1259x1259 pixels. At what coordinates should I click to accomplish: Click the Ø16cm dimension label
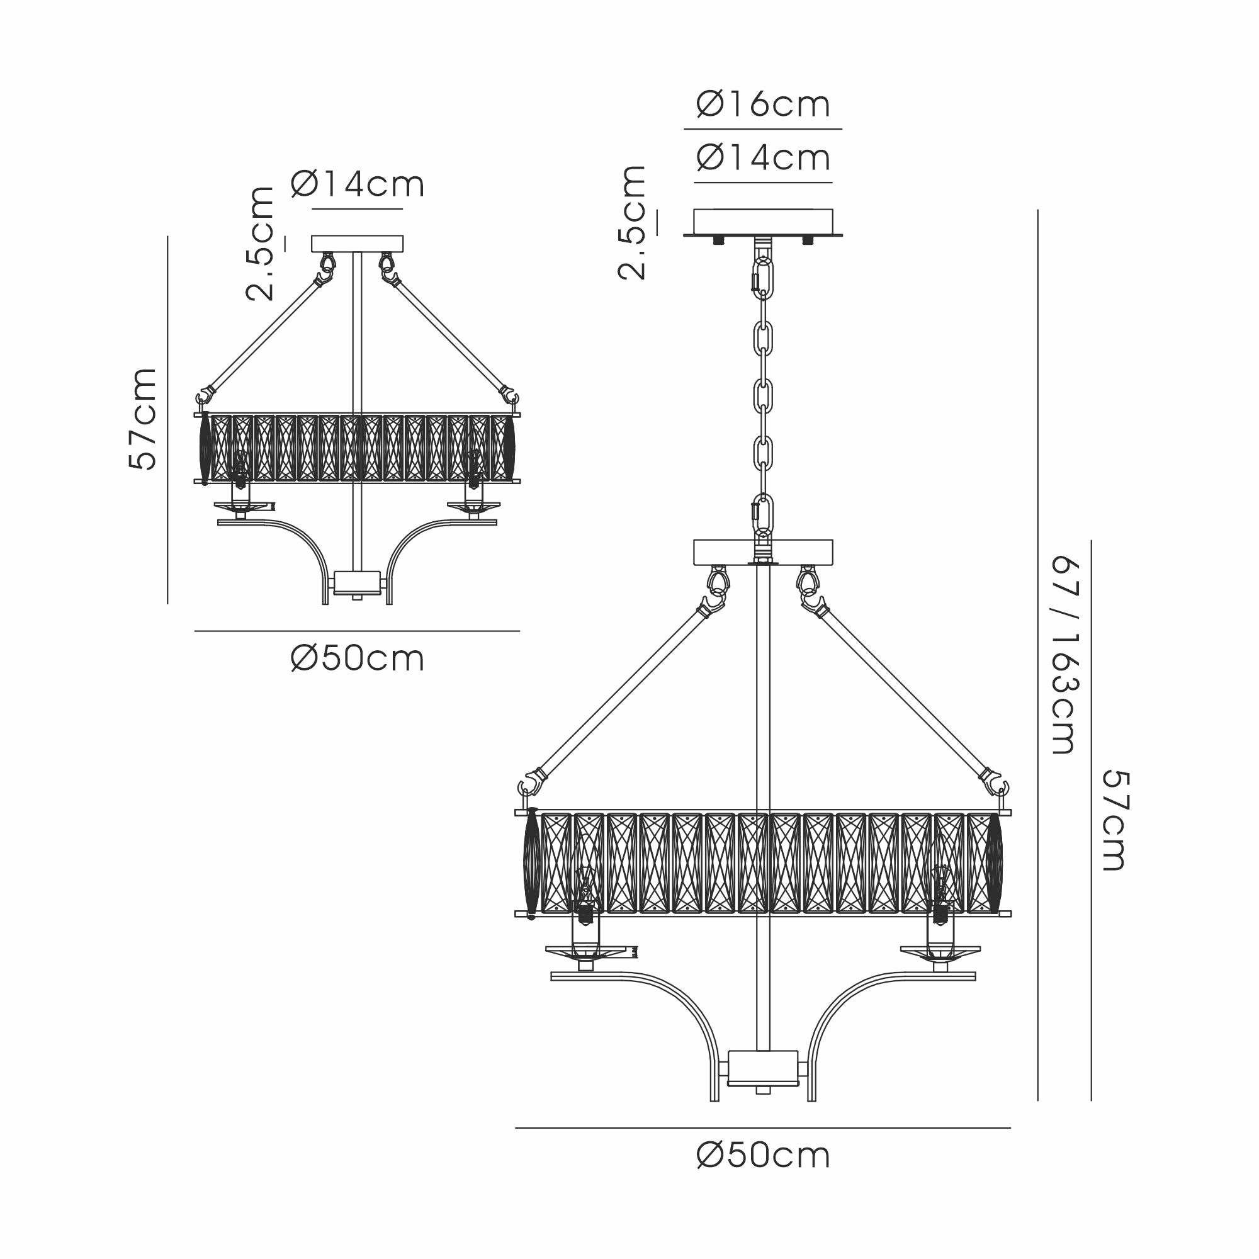click(763, 104)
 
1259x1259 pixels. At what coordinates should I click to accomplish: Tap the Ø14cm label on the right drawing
click(763, 158)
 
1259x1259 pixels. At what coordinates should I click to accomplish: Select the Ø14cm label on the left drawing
click(358, 184)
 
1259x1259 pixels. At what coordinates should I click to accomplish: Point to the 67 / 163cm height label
click(1065, 655)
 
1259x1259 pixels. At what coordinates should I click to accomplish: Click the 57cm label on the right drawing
click(1115, 820)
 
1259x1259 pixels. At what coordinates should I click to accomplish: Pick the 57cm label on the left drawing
click(143, 419)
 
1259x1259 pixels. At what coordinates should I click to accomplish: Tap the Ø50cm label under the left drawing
click(358, 659)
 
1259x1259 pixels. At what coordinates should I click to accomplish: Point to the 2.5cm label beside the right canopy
click(631, 222)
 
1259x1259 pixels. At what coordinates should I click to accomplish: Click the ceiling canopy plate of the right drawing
click(762, 222)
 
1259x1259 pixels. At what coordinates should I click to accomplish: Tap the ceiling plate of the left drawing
click(358, 244)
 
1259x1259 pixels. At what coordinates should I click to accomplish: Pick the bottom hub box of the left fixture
click(356, 582)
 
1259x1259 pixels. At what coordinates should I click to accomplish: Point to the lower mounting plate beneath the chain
click(762, 551)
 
